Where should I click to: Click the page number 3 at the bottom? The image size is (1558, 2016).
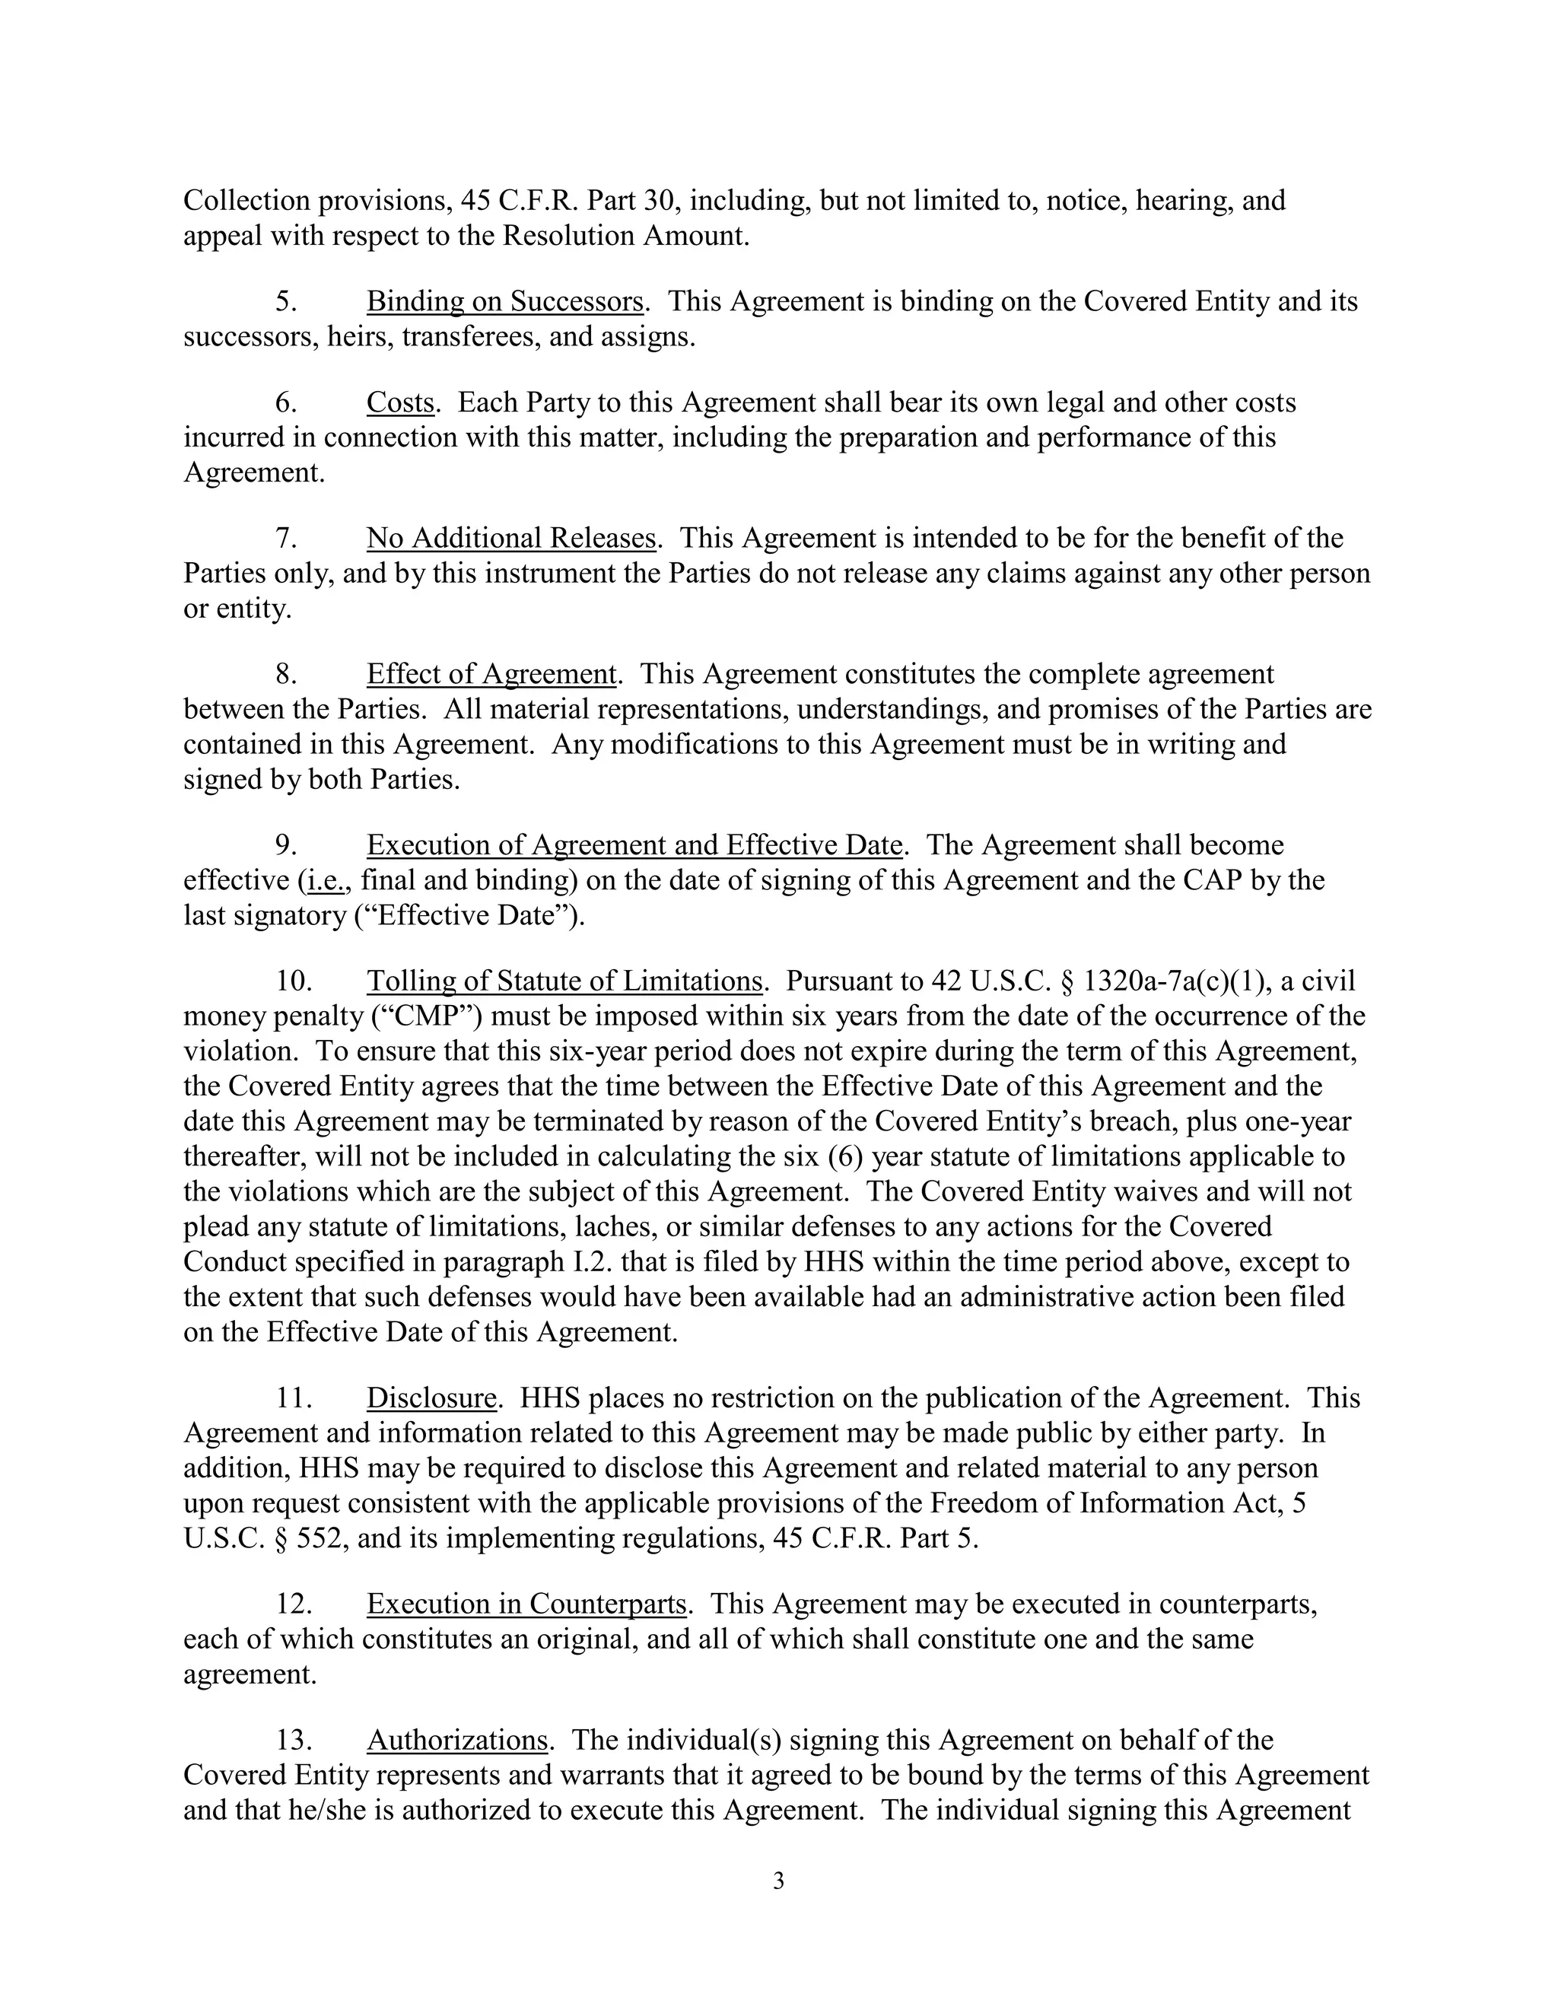[x=778, y=1881]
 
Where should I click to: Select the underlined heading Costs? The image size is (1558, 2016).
[x=399, y=402]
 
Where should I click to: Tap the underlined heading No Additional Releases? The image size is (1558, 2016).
[x=510, y=538]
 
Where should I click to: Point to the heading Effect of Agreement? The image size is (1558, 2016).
[x=491, y=675]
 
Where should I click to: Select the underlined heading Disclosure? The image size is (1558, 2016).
[x=432, y=1398]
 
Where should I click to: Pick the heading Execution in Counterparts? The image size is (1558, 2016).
[x=526, y=1604]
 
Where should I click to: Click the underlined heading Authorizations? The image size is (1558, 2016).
[x=458, y=1740]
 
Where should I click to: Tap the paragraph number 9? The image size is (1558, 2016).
[x=285, y=845]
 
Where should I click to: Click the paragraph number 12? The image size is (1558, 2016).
[x=294, y=1604]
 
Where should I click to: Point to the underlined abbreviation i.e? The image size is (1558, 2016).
[x=326, y=881]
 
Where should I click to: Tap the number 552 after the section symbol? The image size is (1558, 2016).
[x=320, y=1539]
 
